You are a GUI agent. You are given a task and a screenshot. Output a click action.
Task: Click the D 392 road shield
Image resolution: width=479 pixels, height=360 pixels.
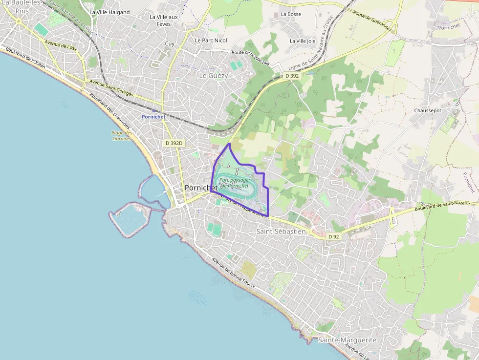(292, 76)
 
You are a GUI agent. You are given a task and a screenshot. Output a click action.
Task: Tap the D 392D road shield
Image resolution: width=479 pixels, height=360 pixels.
(174, 143)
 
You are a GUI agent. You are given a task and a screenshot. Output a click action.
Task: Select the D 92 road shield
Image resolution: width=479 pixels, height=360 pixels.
(333, 236)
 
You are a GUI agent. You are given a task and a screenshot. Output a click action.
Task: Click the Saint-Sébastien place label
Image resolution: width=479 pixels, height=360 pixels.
(281, 231)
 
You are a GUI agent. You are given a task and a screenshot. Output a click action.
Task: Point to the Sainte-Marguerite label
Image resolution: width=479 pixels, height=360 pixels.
(347, 339)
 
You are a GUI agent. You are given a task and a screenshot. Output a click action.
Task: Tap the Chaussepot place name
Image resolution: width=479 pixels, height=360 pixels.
(428, 110)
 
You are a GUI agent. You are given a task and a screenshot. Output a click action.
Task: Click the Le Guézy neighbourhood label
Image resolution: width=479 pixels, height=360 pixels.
(213, 76)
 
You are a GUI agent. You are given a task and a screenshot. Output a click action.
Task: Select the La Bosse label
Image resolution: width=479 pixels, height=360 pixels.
(291, 14)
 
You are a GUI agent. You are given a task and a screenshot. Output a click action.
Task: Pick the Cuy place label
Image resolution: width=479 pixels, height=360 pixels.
(170, 43)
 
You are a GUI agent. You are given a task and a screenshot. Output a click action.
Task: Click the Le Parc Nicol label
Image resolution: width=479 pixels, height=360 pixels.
(211, 40)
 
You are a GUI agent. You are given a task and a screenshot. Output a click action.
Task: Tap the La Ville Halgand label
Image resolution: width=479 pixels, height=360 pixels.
(109, 12)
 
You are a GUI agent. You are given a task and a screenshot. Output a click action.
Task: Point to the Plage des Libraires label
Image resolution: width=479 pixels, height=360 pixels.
(122, 135)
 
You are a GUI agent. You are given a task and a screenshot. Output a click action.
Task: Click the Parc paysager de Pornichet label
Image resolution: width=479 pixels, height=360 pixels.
(235, 183)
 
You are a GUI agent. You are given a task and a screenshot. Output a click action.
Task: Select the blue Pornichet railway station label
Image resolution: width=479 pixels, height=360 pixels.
(153, 117)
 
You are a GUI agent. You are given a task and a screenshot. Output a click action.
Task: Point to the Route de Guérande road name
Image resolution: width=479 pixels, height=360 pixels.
(372, 21)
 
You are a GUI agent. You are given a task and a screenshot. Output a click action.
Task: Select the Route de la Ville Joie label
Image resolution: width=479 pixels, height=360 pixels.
(250, 57)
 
